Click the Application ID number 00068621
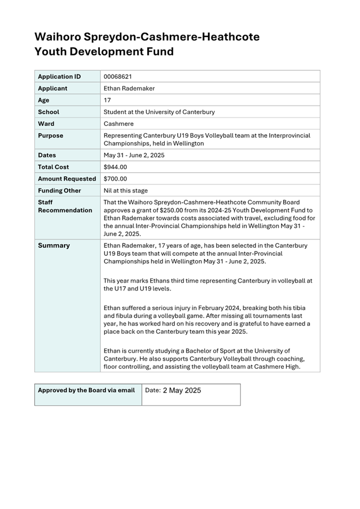pos(118,76)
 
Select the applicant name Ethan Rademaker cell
pos(129,88)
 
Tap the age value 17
pos(107,100)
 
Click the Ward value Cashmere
pos(118,124)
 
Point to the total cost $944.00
pos(115,167)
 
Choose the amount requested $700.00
pos(115,179)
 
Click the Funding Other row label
pos(60,190)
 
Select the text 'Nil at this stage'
pos(126,190)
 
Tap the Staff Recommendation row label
pos(65,206)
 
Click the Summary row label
pos(54,246)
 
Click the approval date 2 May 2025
pos(182,390)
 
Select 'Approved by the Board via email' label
pos(86,390)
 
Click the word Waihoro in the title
pos(57,37)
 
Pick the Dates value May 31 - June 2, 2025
pos(134,155)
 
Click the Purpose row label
pos(51,136)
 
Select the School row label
pos(49,112)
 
